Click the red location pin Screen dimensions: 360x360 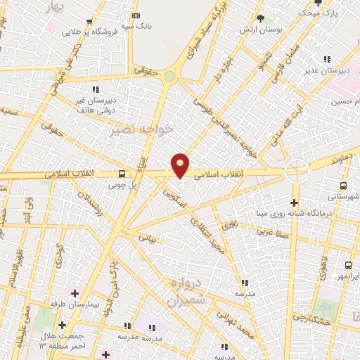[181, 165]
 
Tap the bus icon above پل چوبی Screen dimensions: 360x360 [122, 174]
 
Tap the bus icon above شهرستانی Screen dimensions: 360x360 [342, 186]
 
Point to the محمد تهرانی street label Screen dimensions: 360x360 [243, 322]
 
